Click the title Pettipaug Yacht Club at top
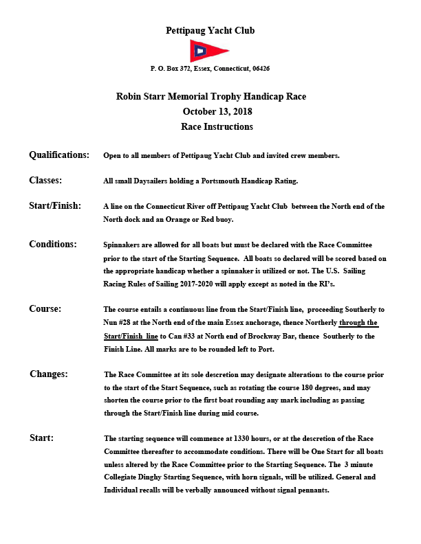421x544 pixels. pos(210,30)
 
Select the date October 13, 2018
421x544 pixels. pos(210,112)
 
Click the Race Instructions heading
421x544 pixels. pos(210,127)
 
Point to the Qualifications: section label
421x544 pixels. pos(59,155)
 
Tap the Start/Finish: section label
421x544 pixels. pos(55,205)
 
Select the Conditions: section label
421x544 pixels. pos(53,244)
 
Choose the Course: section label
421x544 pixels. pos(45,309)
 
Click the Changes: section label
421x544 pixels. pos(49,374)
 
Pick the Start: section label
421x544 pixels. pos(42,438)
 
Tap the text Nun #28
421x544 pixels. pos(118,323)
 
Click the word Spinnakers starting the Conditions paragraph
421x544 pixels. pos(124,245)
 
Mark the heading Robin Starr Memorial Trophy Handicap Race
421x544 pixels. pos(210,97)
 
